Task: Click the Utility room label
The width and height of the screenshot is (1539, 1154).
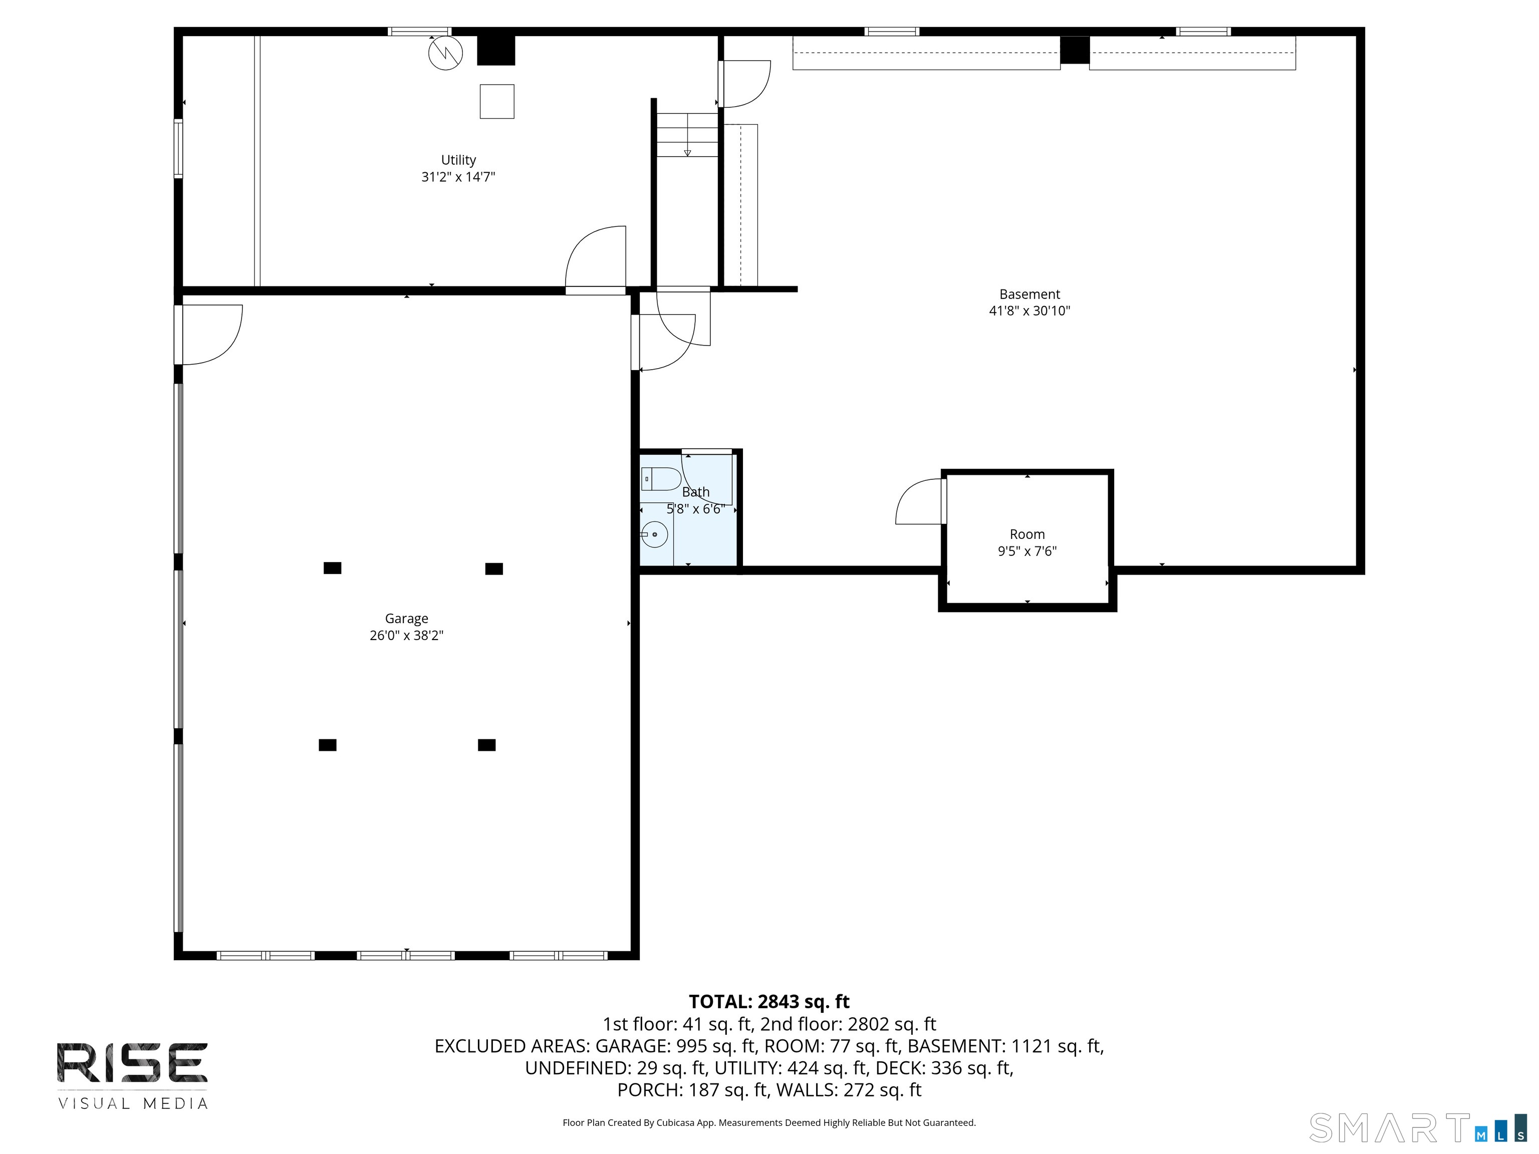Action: coord(458,160)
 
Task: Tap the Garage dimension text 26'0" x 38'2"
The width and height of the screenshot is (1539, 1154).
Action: coord(406,635)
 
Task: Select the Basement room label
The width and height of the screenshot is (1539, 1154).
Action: coord(1029,294)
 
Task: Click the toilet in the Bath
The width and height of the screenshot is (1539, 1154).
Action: coord(660,479)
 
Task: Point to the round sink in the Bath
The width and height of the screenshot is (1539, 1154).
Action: coord(655,534)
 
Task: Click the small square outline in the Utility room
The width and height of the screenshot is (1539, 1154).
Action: coord(497,102)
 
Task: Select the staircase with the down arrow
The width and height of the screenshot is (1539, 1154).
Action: coord(687,135)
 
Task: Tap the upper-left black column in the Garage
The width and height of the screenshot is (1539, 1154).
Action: coord(333,567)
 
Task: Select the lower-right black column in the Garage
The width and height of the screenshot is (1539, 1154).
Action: coord(486,745)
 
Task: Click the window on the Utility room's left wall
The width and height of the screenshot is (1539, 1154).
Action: coord(178,149)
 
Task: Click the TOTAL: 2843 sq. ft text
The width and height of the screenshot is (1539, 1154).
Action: coord(769,1002)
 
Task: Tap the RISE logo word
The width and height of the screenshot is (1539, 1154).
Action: coord(132,1062)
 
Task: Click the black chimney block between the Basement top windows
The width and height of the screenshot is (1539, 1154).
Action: coord(1074,50)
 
